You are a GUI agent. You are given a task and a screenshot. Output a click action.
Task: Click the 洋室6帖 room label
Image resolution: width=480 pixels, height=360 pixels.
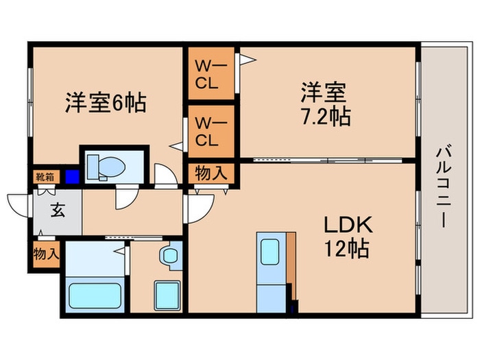105,103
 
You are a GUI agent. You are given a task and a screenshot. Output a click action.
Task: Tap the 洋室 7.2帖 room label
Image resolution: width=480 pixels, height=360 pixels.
324,104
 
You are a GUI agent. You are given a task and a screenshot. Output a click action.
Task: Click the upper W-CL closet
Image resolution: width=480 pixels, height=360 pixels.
211,74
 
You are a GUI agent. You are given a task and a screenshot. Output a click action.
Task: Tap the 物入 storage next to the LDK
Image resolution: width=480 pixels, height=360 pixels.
211,173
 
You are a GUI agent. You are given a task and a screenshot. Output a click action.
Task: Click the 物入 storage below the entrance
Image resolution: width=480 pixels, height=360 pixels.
46,254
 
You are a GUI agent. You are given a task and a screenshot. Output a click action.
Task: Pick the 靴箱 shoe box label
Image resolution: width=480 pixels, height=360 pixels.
45,176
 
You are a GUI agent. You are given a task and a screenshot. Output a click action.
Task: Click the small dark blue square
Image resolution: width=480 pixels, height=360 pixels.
72,176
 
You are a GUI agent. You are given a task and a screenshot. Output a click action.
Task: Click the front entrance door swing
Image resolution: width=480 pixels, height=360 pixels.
19,203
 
